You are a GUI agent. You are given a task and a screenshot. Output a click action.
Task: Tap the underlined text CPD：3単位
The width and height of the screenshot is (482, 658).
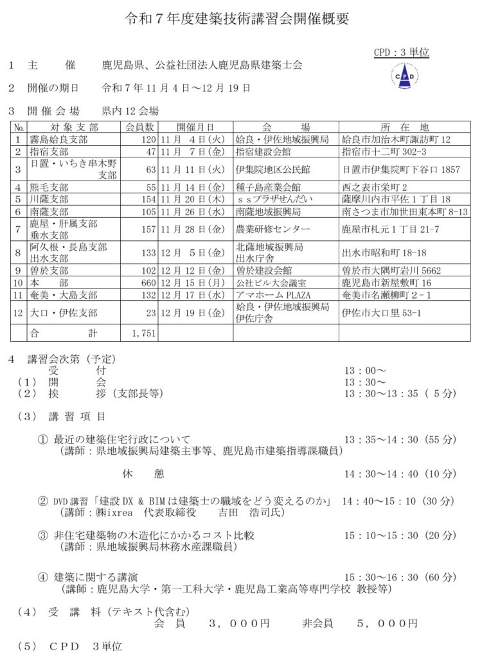pyautogui.click(x=401, y=53)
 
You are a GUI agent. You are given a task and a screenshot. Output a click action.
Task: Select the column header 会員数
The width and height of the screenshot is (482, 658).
pyautogui.click(x=139, y=127)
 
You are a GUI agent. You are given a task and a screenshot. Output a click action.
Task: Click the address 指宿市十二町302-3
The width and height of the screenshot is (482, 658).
pyautogui.click(x=384, y=152)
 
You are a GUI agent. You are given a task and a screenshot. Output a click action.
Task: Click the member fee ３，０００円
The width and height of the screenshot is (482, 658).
pyautogui.click(x=239, y=623)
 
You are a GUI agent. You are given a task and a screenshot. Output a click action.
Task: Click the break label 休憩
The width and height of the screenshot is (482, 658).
pyautogui.click(x=143, y=474)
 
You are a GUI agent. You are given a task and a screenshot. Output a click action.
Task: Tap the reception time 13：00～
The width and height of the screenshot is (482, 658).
pyautogui.click(x=365, y=371)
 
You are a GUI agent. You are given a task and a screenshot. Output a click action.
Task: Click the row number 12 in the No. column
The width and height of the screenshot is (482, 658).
pyautogui.click(x=19, y=313)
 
